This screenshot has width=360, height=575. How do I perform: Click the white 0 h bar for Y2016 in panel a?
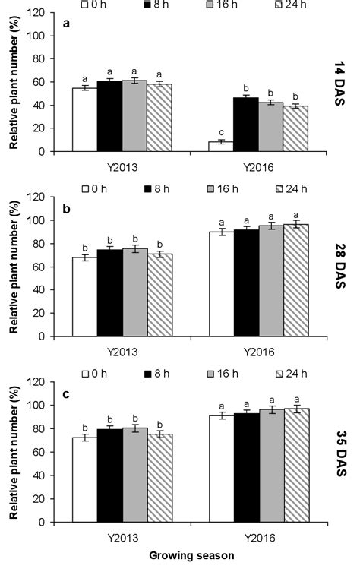click(x=220, y=146)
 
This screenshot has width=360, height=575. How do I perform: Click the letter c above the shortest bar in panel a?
click(x=220, y=132)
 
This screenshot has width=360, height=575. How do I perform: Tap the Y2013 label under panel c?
click(x=122, y=536)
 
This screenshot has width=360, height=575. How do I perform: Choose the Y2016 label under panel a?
click(x=257, y=165)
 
